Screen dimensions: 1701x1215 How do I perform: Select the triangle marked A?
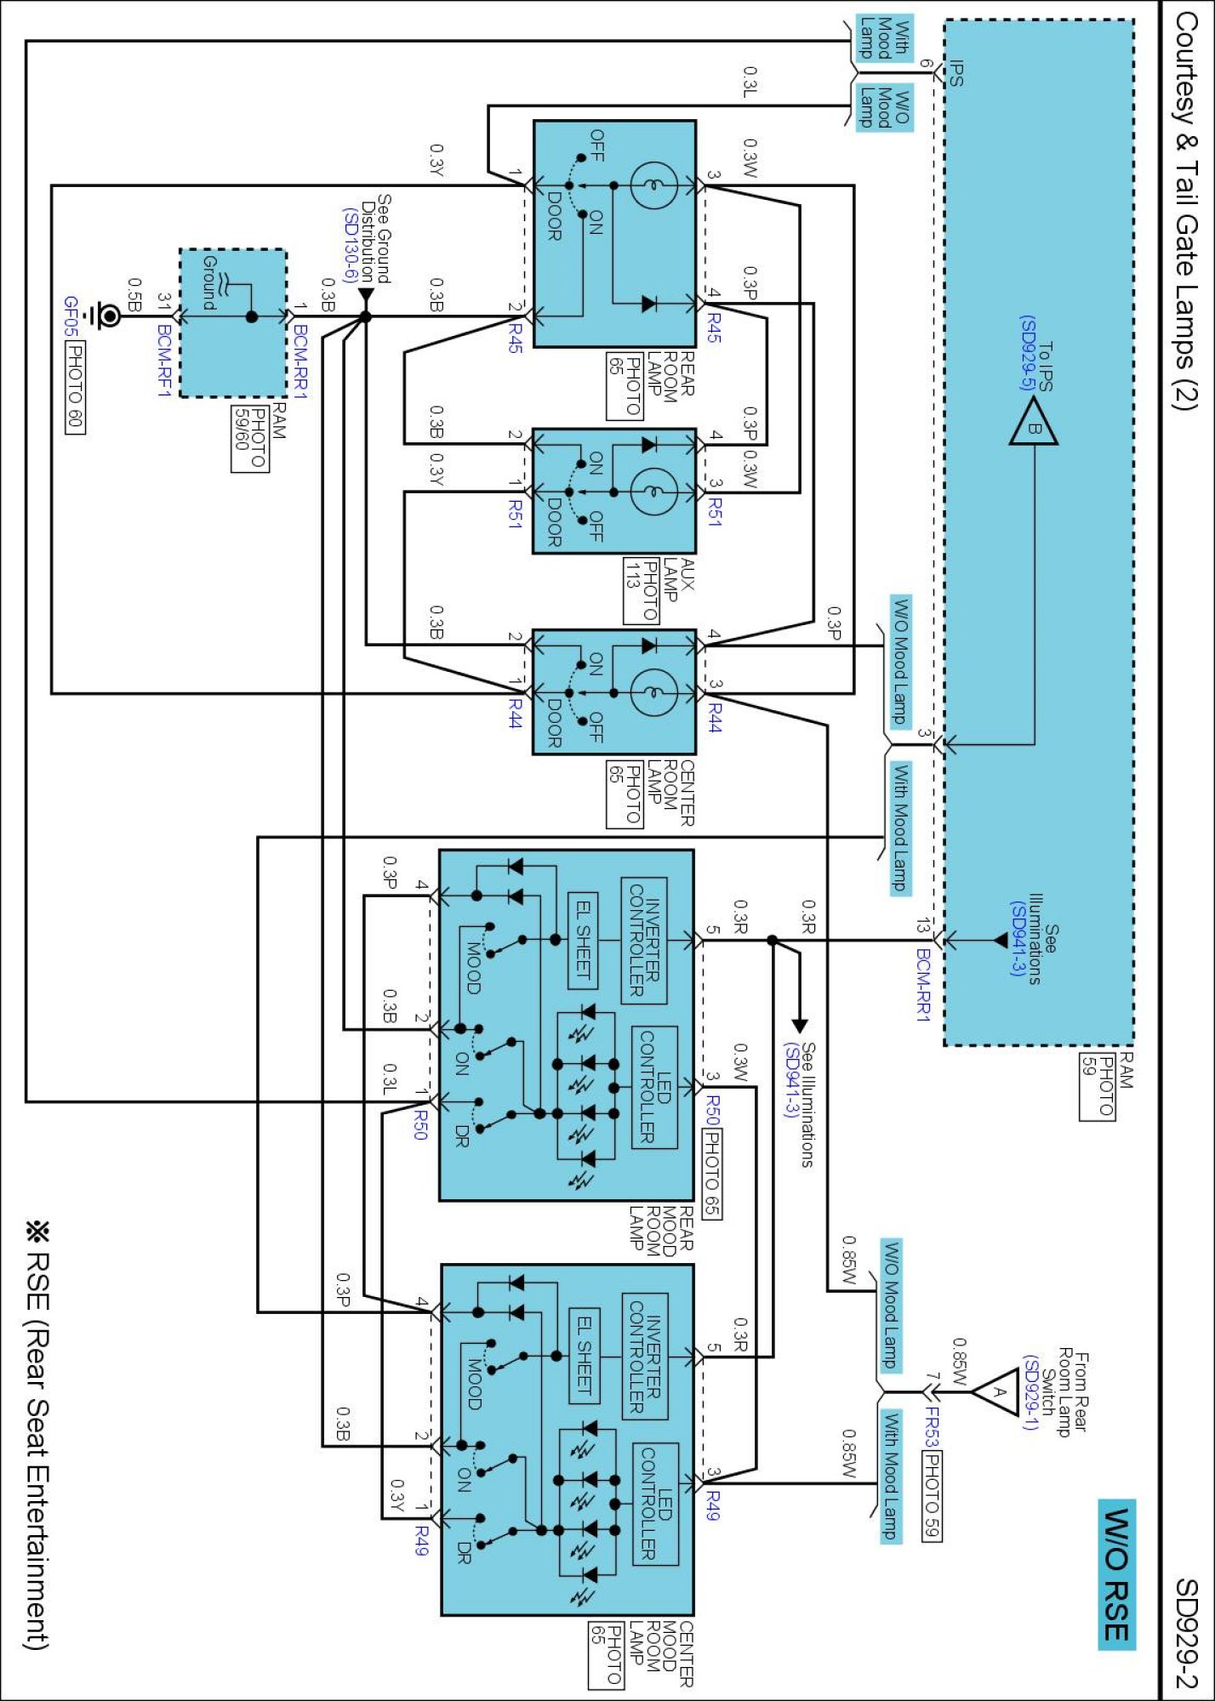[997, 1392]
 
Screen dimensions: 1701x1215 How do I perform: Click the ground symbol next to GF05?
[107, 316]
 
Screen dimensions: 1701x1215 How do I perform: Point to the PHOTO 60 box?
[75, 387]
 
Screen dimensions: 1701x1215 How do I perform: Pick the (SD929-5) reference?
[1028, 353]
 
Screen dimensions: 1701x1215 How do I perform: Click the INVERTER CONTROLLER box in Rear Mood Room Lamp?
[644, 940]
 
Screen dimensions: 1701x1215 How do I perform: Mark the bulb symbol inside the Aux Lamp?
[653, 492]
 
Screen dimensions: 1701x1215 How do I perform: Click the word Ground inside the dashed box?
[209, 282]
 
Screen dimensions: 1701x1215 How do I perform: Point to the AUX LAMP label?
[680, 580]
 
